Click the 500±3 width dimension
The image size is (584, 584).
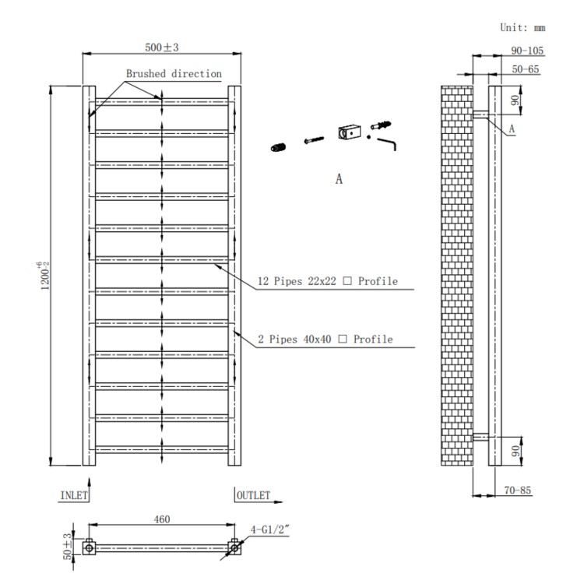(162, 47)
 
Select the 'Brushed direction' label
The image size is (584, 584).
(174, 74)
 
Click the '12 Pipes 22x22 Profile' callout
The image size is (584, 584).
(328, 281)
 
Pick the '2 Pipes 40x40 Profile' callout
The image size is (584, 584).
(325, 339)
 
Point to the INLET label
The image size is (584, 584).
(75, 494)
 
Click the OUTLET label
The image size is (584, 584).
(254, 495)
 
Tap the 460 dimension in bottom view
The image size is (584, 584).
(161, 519)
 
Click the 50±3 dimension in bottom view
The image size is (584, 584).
(67, 547)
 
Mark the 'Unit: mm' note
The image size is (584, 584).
(522, 27)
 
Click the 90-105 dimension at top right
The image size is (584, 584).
(527, 51)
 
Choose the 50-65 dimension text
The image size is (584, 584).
(525, 69)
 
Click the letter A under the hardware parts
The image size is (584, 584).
(339, 178)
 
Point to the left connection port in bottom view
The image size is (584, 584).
(90, 548)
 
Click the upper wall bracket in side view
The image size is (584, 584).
(480, 114)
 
